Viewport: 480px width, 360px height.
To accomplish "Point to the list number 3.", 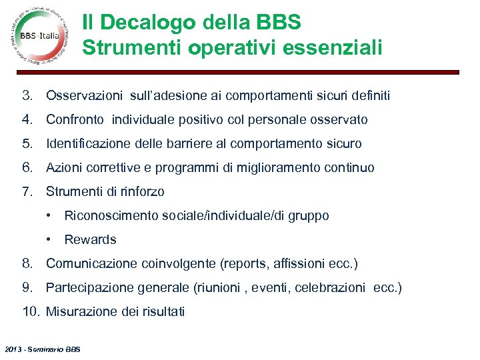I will (x=27, y=96).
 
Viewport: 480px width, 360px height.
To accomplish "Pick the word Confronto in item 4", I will (x=75, y=120).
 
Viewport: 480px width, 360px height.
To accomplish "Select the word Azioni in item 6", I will (x=63, y=168).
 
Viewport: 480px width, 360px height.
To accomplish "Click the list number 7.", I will (x=27, y=192).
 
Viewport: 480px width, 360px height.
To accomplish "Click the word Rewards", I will (x=90, y=240).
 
